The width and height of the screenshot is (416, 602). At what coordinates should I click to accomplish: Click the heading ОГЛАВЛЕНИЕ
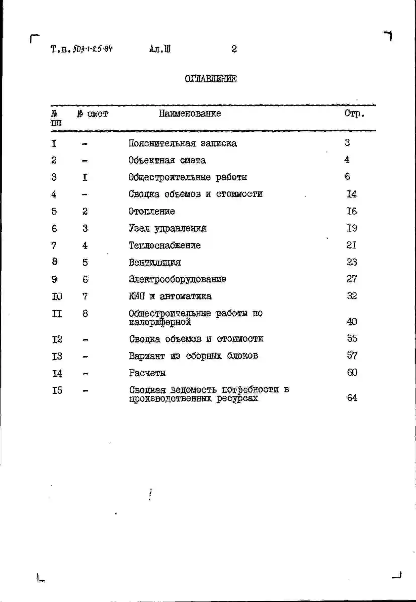click(211, 79)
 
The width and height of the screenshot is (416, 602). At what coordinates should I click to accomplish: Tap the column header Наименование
click(190, 114)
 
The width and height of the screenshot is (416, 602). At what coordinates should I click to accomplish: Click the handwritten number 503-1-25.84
click(92, 49)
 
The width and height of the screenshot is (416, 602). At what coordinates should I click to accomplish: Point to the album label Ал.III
click(160, 49)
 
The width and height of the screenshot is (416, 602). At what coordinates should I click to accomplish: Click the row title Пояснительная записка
click(182, 143)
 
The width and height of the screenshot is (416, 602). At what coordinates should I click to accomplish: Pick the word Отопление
click(151, 211)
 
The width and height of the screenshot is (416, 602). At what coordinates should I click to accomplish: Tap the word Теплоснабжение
click(164, 245)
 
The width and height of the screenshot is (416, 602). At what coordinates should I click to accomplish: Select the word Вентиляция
click(155, 263)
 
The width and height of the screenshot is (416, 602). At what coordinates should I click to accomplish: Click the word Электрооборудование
click(178, 279)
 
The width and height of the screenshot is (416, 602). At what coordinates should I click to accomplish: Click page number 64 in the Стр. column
click(352, 397)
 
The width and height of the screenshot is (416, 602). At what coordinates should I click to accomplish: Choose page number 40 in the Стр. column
click(352, 321)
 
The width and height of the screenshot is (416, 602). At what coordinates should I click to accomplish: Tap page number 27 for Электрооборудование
click(351, 279)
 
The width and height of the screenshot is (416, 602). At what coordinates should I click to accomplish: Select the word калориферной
click(160, 322)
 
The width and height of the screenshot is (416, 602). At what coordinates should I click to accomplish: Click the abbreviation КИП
click(137, 296)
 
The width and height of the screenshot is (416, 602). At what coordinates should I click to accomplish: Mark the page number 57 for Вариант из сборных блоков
click(352, 355)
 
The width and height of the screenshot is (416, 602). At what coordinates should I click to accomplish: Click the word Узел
click(139, 228)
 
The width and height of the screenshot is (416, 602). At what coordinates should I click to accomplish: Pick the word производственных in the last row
click(170, 398)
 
